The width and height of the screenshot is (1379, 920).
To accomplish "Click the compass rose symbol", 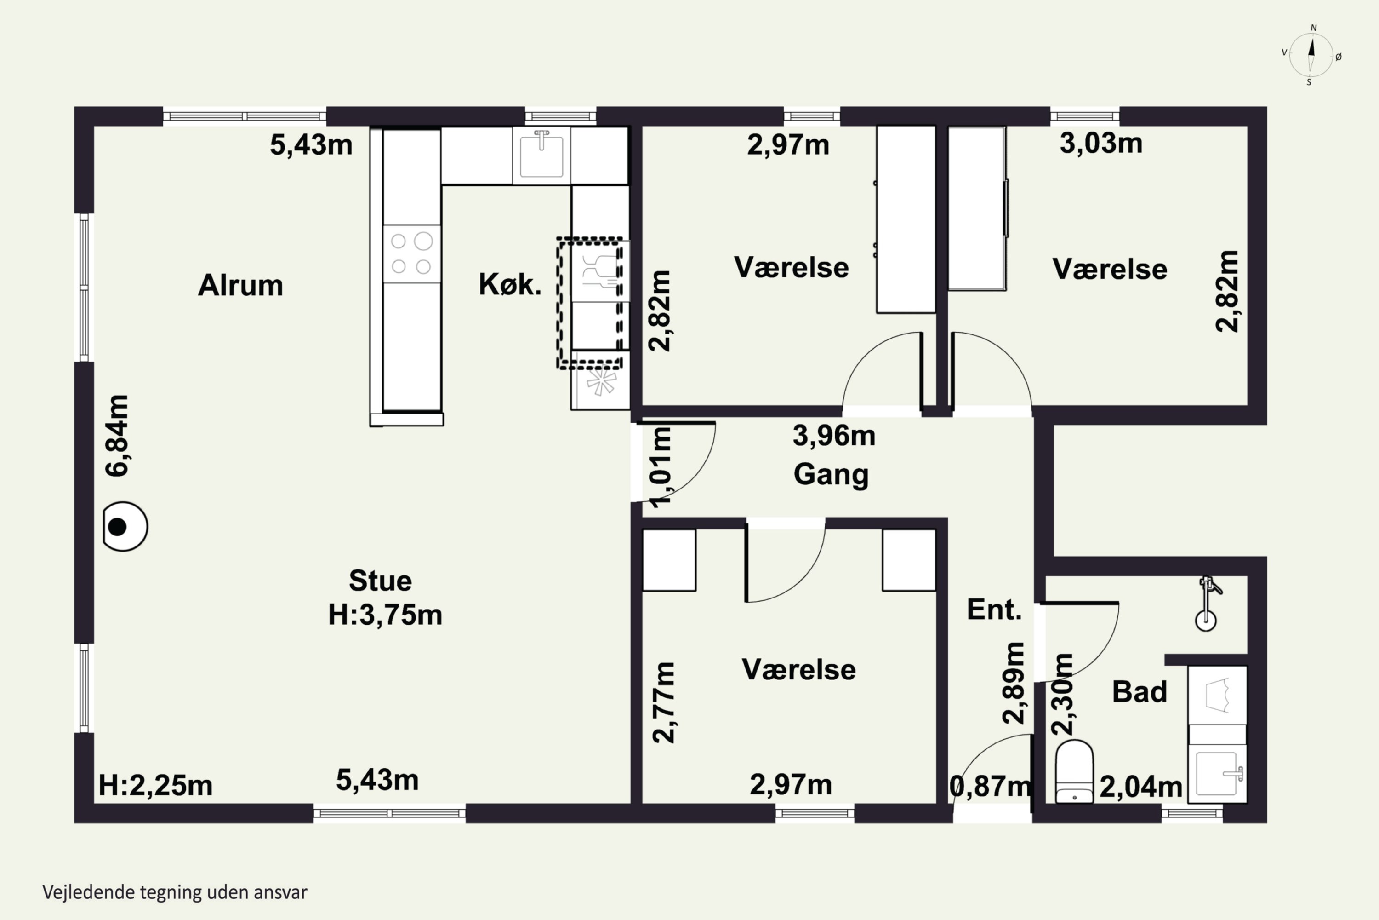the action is pyautogui.click(x=1311, y=55).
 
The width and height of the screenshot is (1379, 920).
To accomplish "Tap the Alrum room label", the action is pyautogui.click(x=240, y=285).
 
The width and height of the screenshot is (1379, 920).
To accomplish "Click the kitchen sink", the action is pyautogui.click(x=541, y=155).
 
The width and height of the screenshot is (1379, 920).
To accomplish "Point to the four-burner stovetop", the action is pyautogui.click(x=411, y=253).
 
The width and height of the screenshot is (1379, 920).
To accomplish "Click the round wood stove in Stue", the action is pyautogui.click(x=125, y=526).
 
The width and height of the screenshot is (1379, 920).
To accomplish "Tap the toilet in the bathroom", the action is pyautogui.click(x=1074, y=771).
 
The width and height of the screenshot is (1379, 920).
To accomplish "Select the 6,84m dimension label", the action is pyautogui.click(x=117, y=435).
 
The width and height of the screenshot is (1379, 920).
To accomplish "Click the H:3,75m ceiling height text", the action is pyautogui.click(x=385, y=615).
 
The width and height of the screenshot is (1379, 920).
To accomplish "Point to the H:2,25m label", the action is pyautogui.click(x=155, y=785).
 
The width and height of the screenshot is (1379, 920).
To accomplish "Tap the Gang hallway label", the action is pyautogui.click(x=831, y=475).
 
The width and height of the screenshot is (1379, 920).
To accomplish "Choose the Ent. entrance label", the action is pyautogui.click(x=994, y=609).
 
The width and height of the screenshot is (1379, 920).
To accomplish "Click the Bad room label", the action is pyautogui.click(x=1139, y=692).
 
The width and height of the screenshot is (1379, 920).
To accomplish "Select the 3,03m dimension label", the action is pyautogui.click(x=1100, y=143).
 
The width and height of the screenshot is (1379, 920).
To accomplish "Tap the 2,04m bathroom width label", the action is pyautogui.click(x=1140, y=787).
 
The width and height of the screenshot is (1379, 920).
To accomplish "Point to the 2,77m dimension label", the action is pyautogui.click(x=664, y=702).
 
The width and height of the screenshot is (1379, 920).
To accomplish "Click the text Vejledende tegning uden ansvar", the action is pyautogui.click(x=175, y=892).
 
